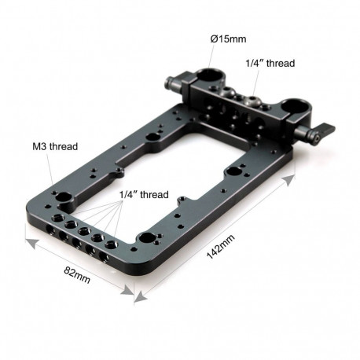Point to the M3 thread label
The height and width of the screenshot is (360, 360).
(55, 145)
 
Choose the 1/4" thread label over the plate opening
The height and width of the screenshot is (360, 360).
(141, 193)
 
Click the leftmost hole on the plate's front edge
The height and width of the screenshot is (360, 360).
(51, 233)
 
